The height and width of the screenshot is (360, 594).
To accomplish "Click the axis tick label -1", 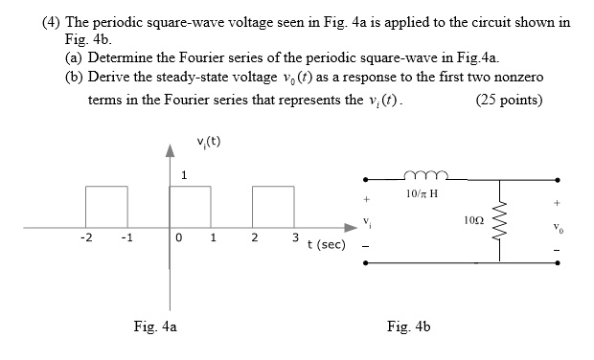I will coord(126,238).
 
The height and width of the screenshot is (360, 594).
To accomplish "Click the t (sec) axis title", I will coord(326,245).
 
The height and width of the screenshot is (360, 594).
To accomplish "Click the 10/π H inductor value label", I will coord(420,196).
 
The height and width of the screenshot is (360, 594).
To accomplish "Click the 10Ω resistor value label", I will coord(471,220).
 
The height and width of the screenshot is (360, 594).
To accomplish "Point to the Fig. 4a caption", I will coord(155,326).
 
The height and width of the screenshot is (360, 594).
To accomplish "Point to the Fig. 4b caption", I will coord(410,326).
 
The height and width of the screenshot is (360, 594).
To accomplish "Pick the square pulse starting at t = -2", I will coord(105,206).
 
